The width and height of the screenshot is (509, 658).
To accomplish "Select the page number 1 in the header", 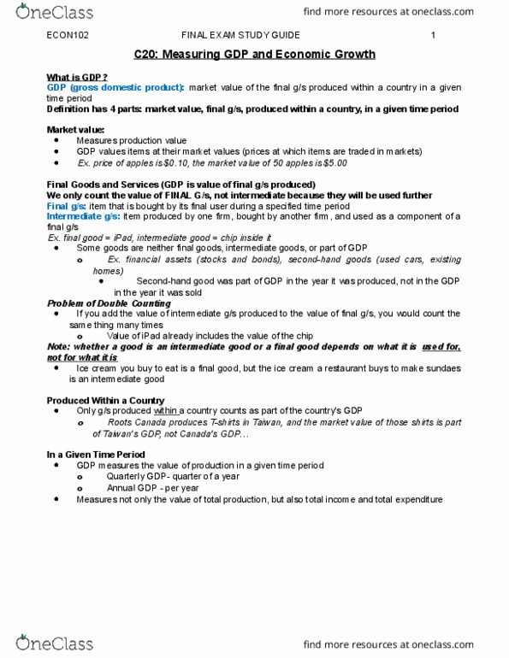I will (434, 36).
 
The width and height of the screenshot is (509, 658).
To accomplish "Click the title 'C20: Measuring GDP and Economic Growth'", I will (254, 54).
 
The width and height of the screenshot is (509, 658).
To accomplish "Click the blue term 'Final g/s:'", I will (66, 206).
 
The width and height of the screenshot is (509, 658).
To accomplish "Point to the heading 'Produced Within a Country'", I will (104, 400).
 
